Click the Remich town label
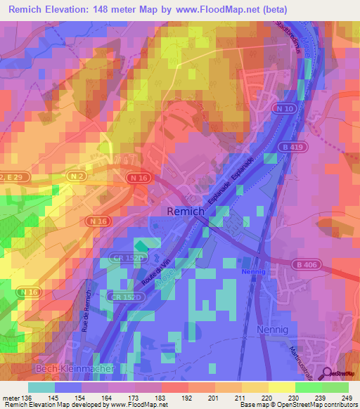click(x=185, y=211)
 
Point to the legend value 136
click(x=27, y=398)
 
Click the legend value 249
click(x=347, y=398)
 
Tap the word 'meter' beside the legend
click(x=11, y=398)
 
